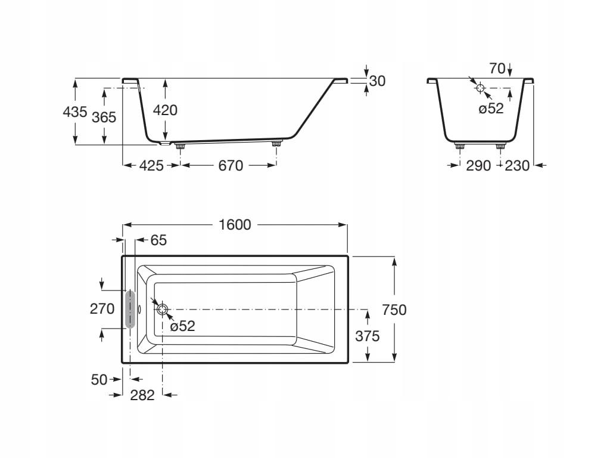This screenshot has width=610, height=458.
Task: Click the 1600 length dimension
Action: pyautogui.click(x=235, y=225)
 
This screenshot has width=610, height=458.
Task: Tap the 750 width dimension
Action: pyautogui.click(x=394, y=310)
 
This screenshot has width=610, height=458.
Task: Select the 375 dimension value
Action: pyautogui.click(x=367, y=336)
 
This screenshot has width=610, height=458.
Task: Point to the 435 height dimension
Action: pyautogui.click(x=74, y=112)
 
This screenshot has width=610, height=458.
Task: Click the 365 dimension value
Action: pyautogui.click(x=104, y=117)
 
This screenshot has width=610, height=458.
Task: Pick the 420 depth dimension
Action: pyautogui.click(x=165, y=110)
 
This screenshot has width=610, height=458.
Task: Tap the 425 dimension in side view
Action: pyautogui.click(x=151, y=166)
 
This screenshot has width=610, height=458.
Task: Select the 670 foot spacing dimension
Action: pyautogui.click(x=231, y=166)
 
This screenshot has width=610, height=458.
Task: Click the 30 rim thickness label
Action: pyautogui.click(x=377, y=81)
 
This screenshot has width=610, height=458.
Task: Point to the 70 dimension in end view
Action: pyautogui.click(x=497, y=69)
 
